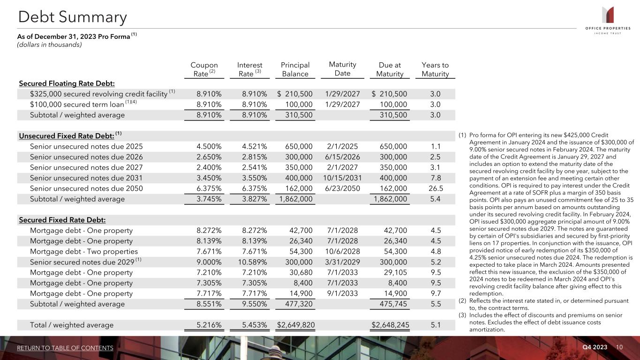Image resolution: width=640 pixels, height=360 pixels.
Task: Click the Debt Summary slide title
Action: coord(72,17)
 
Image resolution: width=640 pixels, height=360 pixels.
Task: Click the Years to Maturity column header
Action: coord(435,69)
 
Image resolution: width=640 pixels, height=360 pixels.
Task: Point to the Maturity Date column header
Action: coord(342,69)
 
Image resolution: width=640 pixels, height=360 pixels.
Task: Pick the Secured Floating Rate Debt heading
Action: coord(67,83)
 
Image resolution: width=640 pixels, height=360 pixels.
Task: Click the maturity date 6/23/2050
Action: coord(342,188)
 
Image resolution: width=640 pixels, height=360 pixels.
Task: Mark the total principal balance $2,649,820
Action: coord(295,324)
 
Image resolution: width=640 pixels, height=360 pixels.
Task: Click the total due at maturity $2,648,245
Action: coord(390,324)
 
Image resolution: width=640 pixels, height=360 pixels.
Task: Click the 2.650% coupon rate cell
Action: coord(210,157)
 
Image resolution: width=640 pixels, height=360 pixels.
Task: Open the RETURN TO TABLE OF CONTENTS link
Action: coord(65,348)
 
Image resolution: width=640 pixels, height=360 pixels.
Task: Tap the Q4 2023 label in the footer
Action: coord(595,347)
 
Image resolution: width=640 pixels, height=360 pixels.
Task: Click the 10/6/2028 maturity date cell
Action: coord(342,251)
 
